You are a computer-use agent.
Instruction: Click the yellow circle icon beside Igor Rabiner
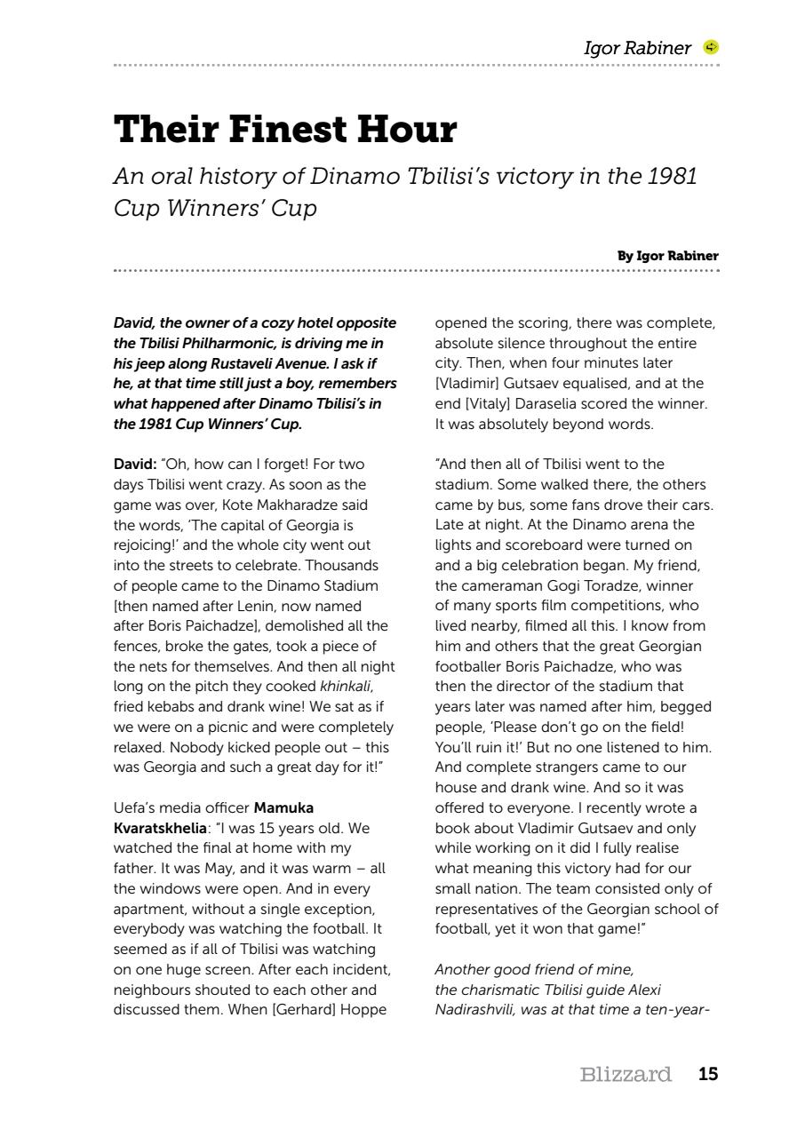[711, 47]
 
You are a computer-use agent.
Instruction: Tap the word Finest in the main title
[288, 130]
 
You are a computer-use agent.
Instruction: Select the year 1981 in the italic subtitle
[672, 176]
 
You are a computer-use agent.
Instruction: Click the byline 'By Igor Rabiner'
[667, 256]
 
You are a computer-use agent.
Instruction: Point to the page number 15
[707, 1074]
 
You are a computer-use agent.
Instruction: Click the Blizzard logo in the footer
[625, 1075]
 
